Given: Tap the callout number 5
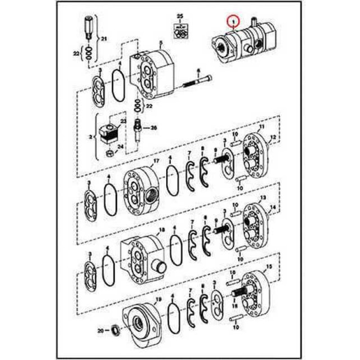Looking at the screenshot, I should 160,43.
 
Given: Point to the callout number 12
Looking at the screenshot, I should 273,137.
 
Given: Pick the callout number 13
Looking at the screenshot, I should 263,198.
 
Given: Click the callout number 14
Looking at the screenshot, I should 273,207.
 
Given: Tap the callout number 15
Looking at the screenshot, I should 269,267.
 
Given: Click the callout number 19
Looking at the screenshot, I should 158,299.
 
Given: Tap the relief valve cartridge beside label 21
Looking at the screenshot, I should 88,27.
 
